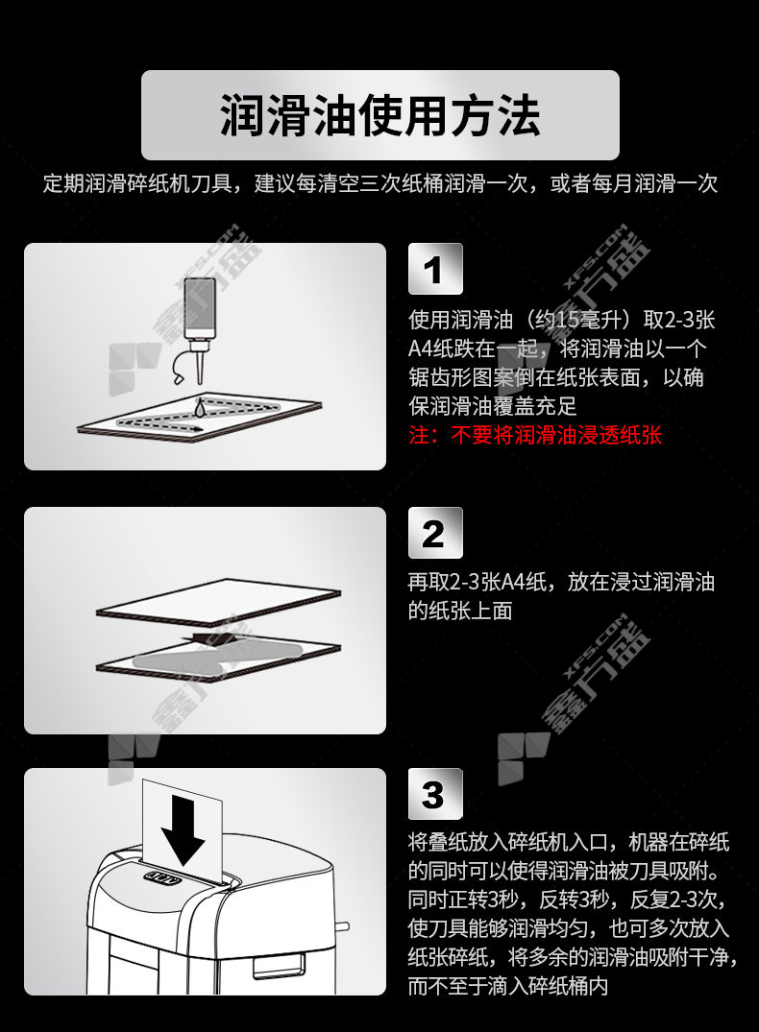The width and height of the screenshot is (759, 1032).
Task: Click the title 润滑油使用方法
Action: pos(379,116)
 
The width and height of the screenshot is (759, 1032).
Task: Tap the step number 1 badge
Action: pos(435,269)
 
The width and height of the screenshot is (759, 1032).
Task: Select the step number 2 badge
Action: pos(435,533)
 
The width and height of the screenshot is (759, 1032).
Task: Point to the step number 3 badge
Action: pos(435,794)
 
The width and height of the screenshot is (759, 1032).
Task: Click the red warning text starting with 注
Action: pos(535,435)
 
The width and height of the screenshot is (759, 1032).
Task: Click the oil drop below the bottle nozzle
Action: pos(200,409)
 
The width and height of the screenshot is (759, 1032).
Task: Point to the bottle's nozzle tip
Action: pos(200,382)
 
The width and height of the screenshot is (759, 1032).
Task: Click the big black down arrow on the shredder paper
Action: pos(184,830)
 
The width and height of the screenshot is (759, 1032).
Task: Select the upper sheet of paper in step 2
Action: pos(219,600)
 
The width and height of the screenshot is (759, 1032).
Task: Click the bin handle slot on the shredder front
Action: pos(280,966)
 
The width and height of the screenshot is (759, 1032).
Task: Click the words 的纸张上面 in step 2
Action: pos(460,611)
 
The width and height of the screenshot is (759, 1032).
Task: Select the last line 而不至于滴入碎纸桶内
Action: pos(508,985)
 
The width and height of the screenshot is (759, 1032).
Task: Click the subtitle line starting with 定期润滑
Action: pos(379,183)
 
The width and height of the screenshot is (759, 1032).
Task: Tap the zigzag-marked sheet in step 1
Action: pos(200,417)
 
